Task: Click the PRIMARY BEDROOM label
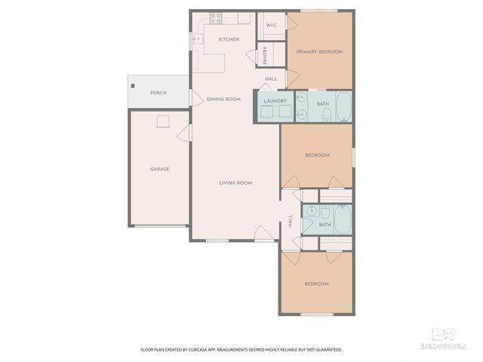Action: pos(319,51)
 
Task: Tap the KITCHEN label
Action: pos(229,39)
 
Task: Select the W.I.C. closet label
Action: pos(272,26)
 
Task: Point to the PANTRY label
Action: pos(266,55)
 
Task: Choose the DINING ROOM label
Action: pos(223,99)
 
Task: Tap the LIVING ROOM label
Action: pos(235,183)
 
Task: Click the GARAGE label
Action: pos(159,169)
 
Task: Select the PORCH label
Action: pos(158,93)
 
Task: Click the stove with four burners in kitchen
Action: pos(215,17)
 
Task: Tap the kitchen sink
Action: pos(197,38)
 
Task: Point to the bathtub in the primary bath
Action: pos(343,107)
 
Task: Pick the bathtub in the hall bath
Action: pos(343,219)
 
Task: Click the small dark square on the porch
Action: pos(131,86)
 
